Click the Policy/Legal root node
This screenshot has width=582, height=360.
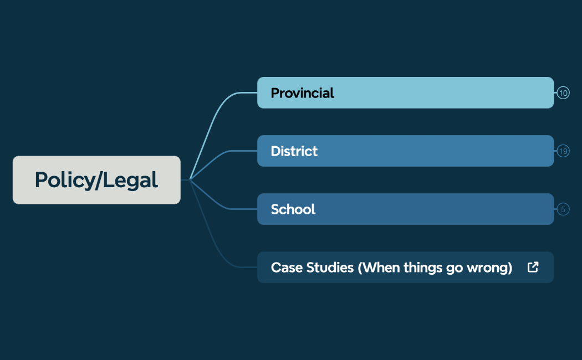tap(96, 180)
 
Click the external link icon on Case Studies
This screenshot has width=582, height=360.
tap(533, 268)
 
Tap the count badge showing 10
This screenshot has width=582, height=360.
tap(563, 93)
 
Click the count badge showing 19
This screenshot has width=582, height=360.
tap(563, 151)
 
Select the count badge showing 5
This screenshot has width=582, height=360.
tap(563, 209)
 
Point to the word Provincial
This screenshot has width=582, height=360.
tap(302, 93)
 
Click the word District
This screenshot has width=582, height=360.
tap(294, 151)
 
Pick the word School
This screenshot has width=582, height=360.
tap(293, 209)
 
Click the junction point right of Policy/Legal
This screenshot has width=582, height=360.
tap(190, 179)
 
